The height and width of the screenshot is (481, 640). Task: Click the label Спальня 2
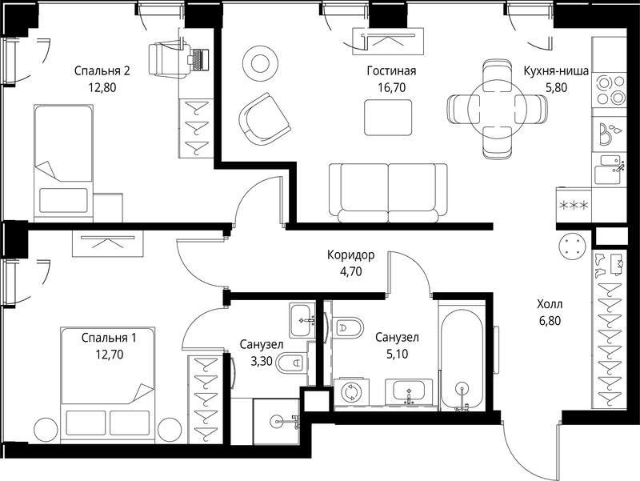[102, 71]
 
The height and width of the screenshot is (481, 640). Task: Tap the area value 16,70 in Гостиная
[391, 88]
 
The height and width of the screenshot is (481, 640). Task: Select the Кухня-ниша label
[556, 71]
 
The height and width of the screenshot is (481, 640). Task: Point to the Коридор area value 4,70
[350, 271]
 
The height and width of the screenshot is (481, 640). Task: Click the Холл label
[550, 304]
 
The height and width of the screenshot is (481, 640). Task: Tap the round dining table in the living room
[497, 109]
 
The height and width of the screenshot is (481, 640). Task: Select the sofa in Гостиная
[388, 193]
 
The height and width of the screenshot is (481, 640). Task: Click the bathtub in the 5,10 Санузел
[462, 360]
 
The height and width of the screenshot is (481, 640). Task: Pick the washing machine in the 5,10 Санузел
[351, 393]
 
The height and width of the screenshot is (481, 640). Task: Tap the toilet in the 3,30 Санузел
[291, 363]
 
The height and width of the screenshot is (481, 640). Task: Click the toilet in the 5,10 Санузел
[348, 327]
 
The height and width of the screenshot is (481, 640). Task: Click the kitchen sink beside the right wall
[610, 170]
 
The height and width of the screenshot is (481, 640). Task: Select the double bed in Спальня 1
[108, 385]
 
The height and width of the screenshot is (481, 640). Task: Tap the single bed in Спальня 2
[63, 162]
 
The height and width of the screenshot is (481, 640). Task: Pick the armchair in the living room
[264, 118]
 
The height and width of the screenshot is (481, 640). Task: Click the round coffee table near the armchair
[260, 63]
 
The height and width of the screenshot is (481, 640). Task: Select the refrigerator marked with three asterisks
[574, 205]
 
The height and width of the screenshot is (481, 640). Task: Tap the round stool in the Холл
[573, 247]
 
